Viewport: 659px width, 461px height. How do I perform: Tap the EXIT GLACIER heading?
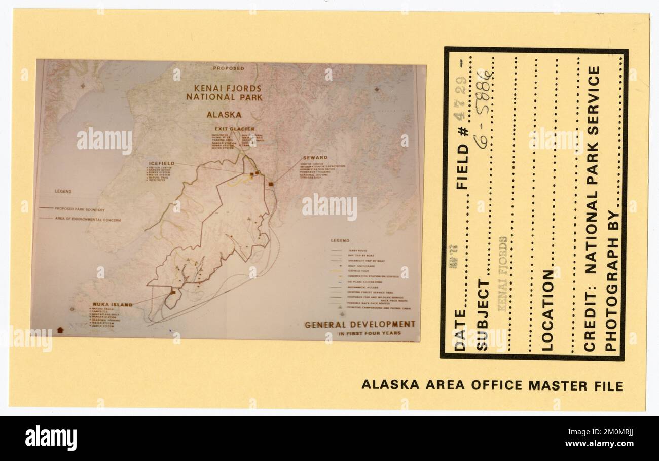[x=235, y=129]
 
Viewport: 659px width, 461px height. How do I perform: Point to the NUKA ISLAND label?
[x=112, y=305]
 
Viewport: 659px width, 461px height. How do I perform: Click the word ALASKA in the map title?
[x=224, y=115]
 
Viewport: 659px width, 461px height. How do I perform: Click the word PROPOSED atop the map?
[x=228, y=68]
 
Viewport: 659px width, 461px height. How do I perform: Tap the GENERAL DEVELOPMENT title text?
[x=359, y=324]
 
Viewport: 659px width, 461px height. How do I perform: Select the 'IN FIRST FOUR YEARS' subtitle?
[x=370, y=334]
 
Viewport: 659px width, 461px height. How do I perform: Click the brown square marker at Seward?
[x=271, y=184]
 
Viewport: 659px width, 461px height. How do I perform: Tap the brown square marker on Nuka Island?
[x=173, y=292]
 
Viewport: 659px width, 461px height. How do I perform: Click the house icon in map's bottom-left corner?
[x=60, y=330]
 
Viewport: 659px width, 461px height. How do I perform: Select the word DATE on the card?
[x=460, y=330]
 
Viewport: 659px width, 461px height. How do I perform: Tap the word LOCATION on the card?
[x=548, y=310]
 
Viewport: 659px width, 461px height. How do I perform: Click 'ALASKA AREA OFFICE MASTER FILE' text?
[x=492, y=385]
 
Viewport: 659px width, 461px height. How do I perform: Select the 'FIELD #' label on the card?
[x=462, y=166]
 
